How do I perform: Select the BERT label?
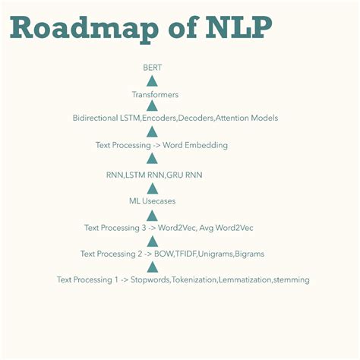pos(152,68)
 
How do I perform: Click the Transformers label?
pos(155,95)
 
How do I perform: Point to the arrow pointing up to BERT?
pos(152,81)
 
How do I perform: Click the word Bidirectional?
pos(96,118)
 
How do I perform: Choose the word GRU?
pos(175,175)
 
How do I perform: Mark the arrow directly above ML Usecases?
pos(152,188)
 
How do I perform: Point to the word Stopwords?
pos(149,279)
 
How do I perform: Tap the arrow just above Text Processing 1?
pos(152,266)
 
